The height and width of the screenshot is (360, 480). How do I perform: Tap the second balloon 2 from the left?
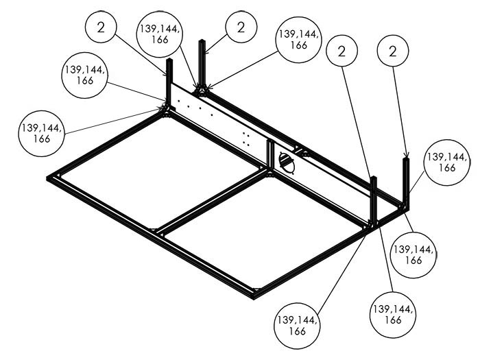point(240,27)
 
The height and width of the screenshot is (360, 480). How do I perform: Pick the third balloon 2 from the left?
point(343,51)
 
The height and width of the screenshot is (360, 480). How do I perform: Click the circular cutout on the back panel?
point(287,163)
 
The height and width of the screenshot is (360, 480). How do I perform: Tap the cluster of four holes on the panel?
point(245,140)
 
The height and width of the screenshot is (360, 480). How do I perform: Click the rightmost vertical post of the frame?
point(406,180)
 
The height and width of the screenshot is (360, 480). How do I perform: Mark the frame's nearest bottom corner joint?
point(256,295)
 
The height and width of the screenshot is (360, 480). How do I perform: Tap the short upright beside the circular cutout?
point(270,156)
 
